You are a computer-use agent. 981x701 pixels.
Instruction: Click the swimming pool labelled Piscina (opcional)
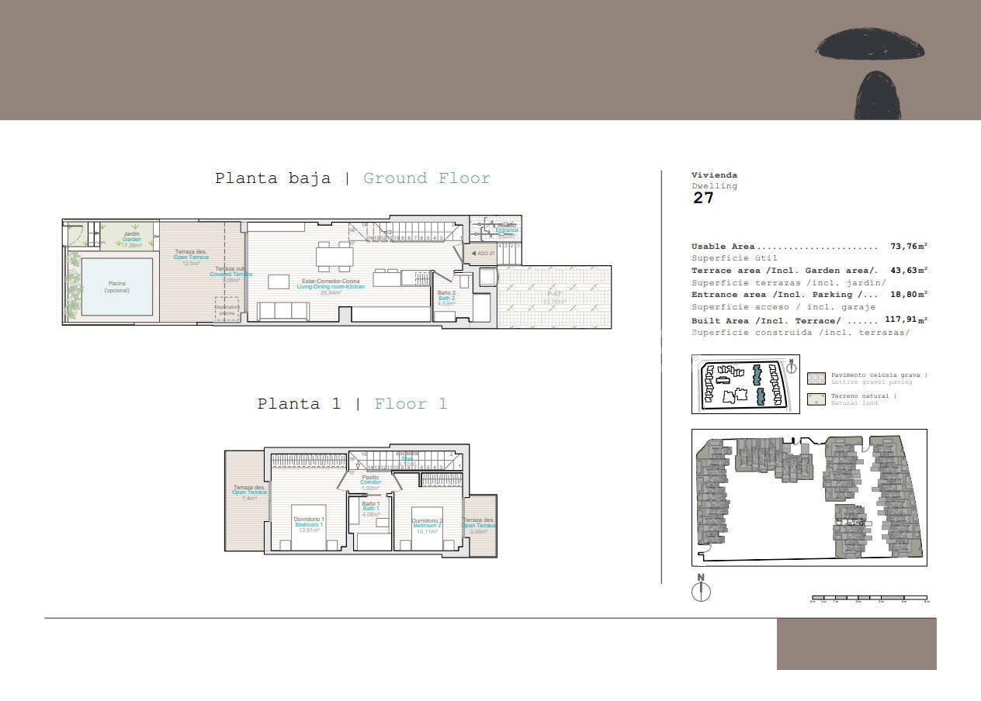[117, 287]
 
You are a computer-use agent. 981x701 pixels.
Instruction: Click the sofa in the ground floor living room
[284, 311]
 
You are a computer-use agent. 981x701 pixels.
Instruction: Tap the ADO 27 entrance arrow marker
[482, 254]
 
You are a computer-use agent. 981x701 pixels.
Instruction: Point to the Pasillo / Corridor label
[370, 480]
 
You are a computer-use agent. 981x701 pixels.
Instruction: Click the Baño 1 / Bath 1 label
[371, 506]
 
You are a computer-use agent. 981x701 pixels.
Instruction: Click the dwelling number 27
[703, 198]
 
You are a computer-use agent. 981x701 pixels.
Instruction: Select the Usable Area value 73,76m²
[908, 247]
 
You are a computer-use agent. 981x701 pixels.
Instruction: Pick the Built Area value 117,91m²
[906, 319]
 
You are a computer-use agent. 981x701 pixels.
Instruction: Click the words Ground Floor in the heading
[427, 178]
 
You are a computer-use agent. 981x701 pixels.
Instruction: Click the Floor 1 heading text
[411, 404]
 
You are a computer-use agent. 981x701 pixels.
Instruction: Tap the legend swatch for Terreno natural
[816, 399]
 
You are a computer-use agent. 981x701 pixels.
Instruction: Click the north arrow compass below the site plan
[701, 591]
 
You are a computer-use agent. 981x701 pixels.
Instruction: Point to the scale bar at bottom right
[869, 599]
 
